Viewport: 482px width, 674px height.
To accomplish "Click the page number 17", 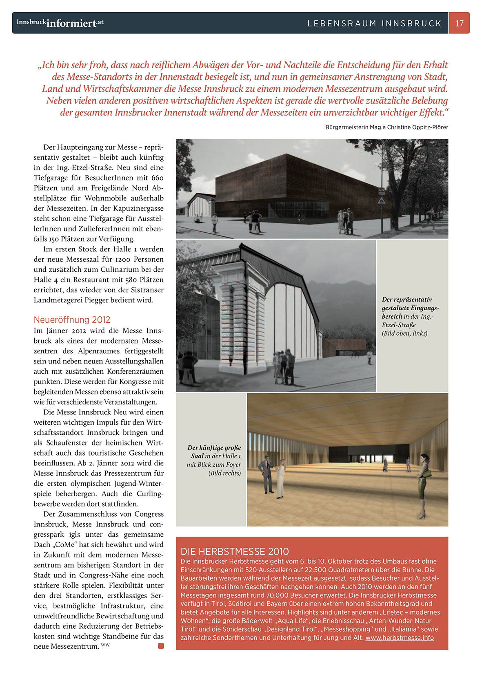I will [x=459, y=23].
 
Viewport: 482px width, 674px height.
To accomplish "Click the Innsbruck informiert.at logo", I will [x=60, y=23].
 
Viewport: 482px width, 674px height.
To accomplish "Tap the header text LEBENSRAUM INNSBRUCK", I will [x=374, y=24].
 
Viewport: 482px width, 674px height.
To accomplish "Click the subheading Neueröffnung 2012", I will [x=72, y=319].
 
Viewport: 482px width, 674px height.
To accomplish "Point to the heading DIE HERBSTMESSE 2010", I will [x=235, y=551].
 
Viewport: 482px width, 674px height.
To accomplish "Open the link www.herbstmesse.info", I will [x=400, y=638].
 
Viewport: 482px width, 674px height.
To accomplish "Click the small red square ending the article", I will [x=161, y=646].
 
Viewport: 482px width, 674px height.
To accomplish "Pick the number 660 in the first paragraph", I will [x=157, y=178].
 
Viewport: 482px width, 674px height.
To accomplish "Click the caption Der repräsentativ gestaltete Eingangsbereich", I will [x=410, y=308].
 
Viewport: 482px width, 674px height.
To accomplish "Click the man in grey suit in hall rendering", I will [x=267, y=475].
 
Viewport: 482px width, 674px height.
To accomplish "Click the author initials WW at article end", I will [x=105, y=645].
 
